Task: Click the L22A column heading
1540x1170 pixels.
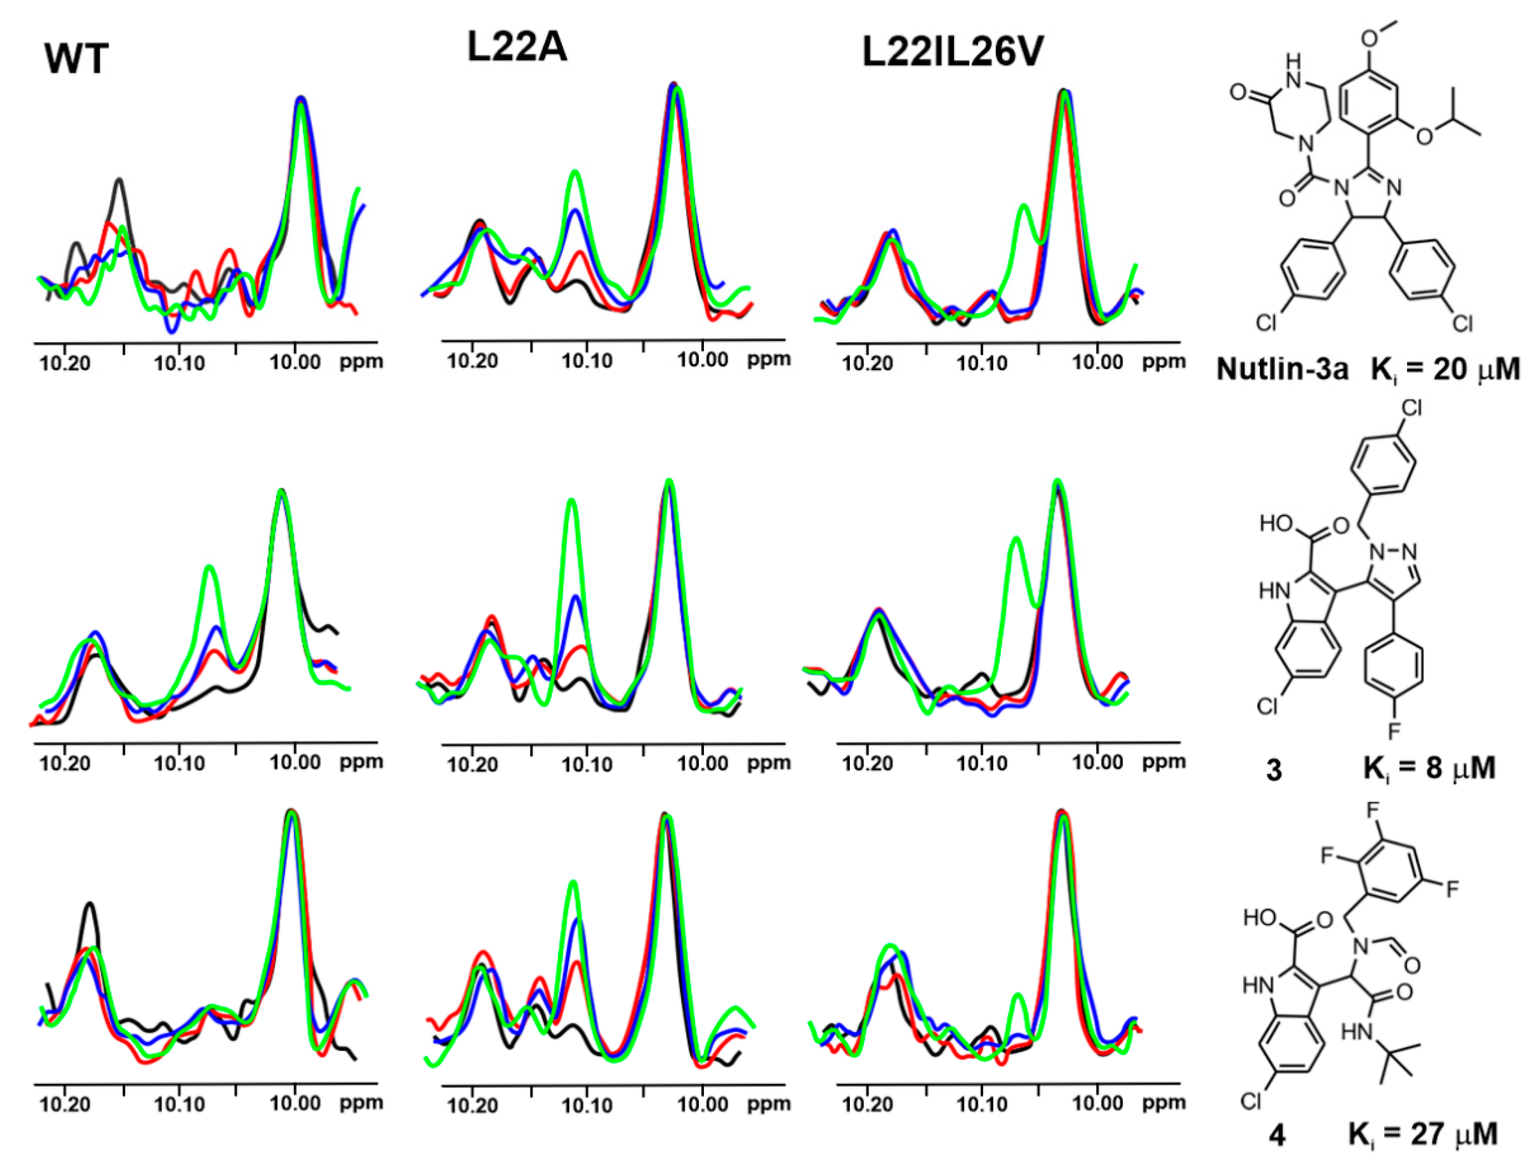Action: [x=517, y=49]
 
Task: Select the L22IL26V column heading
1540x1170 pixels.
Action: [x=953, y=52]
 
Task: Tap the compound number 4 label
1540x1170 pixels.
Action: [x=1276, y=1137]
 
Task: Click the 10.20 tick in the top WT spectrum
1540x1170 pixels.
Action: [x=65, y=363]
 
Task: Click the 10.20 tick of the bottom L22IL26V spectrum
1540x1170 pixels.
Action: [x=867, y=1104]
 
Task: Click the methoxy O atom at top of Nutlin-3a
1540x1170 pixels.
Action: [x=1371, y=37]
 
